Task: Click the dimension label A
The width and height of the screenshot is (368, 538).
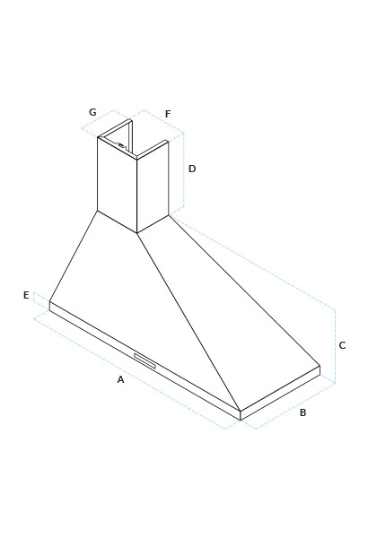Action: tap(120, 379)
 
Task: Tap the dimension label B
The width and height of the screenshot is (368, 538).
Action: tap(302, 412)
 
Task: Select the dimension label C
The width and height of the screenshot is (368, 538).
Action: tap(342, 345)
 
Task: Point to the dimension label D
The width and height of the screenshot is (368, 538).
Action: tap(192, 169)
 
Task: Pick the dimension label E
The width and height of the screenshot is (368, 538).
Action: tap(26, 295)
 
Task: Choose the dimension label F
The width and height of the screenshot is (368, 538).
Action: tap(168, 114)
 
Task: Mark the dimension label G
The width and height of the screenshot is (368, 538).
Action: tap(92, 112)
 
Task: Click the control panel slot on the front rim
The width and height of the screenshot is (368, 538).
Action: tap(145, 360)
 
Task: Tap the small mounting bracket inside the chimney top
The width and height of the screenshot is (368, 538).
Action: tap(122, 145)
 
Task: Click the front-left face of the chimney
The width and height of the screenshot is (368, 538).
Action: tap(118, 185)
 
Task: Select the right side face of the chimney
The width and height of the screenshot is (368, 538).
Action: tap(153, 187)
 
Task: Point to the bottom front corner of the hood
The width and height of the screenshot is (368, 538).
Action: tap(241, 420)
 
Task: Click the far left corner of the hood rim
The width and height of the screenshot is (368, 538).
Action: tap(49, 301)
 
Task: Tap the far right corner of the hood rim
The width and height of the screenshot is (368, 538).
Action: tap(320, 366)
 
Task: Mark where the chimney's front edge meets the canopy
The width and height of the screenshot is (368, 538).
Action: tap(137, 233)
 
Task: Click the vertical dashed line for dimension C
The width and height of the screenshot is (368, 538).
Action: tap(336, 346)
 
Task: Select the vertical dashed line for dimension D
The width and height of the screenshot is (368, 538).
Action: tap(183, 170)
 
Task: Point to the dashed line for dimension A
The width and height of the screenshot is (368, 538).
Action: tap(129, 374)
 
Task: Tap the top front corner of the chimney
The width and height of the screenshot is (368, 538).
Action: tap(137, 159)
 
